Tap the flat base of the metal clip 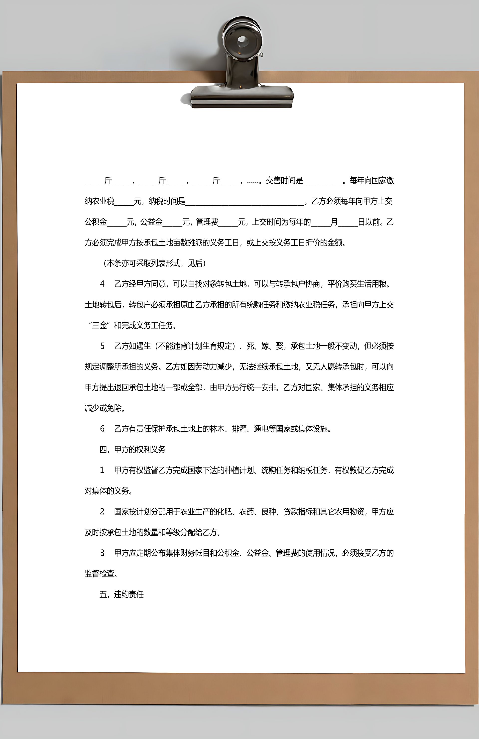click(x=242, y=96)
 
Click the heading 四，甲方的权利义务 click(x=132, y=449)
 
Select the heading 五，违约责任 click(x=122, y=594)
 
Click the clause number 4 click(x=102, y=284)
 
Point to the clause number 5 click(x=102, y=346)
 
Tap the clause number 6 click(x=102, y=429)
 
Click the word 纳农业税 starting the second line click(x=99, y=201)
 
